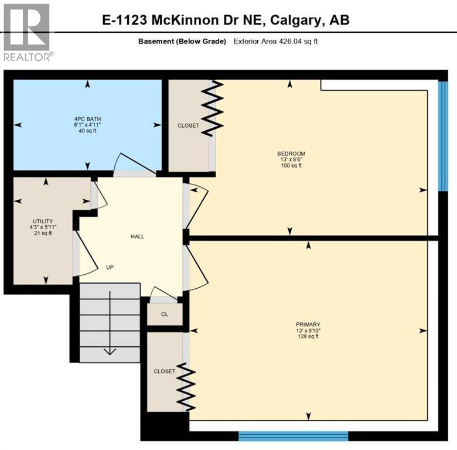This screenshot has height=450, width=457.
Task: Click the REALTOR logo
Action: (28, 32)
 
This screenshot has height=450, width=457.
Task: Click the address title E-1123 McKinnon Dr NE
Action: (226, 20)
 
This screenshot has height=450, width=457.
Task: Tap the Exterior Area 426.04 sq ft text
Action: (275, 41)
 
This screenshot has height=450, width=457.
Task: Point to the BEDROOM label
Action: (289, 154)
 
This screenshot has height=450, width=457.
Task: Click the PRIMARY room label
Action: (308, 324)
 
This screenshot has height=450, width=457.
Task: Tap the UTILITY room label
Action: (42, 220)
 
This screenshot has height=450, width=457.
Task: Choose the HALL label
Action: (137, 237)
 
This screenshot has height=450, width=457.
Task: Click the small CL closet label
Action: (165, 314)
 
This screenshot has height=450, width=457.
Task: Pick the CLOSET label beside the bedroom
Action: (188, 125)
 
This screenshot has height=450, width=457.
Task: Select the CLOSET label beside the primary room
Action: (165, 371)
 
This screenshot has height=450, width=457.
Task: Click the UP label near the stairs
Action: (110, 267)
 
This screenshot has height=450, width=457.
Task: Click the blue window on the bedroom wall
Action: (444, 136)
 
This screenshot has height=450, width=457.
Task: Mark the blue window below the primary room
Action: (293, 435)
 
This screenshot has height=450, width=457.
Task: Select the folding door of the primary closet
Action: (186, 387)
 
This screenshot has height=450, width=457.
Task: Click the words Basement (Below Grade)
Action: (182, 41)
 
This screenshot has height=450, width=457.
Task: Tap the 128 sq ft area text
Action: (308, 336)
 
